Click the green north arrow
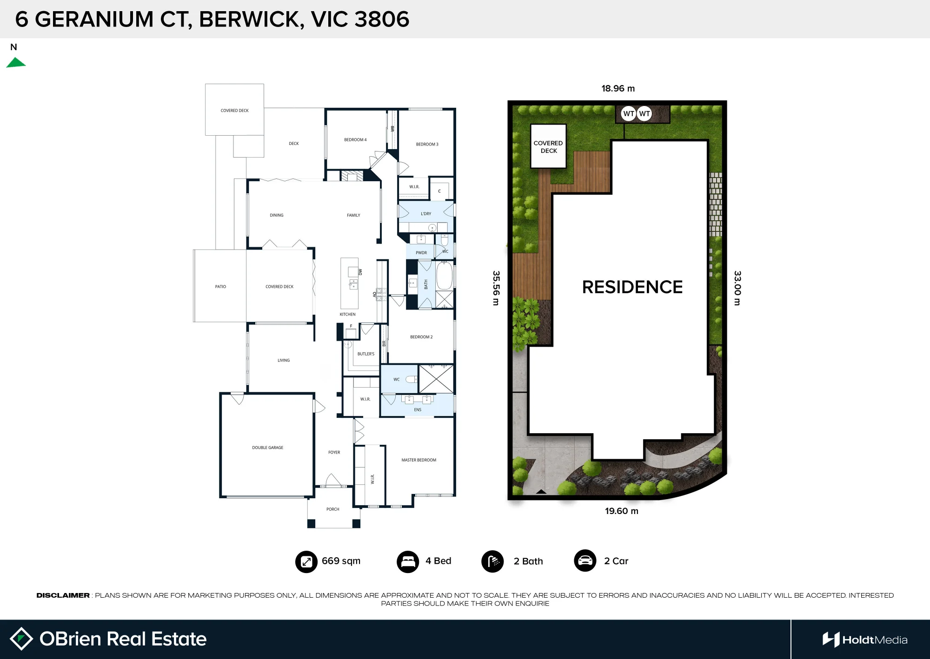click(16, 63)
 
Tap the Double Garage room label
click(267, 448)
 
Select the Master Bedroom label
click(418, 460)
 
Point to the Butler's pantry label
click(365, 354)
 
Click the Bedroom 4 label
click(355, 140)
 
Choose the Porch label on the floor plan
click(332, 509)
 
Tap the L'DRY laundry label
click(425, 214)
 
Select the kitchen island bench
click(349, 283)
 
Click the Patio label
click(220, 287)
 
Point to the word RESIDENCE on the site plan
click(632, 287)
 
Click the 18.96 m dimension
click(618, 88)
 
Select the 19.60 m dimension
click(622, 511)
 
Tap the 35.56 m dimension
click(496, 288)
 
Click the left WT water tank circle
click(629, 113)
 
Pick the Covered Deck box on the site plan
click(549, 146)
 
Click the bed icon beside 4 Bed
click(408, 561)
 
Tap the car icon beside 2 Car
click(585, 561)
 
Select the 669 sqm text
click(341, 561)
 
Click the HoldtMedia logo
click(865, 640)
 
